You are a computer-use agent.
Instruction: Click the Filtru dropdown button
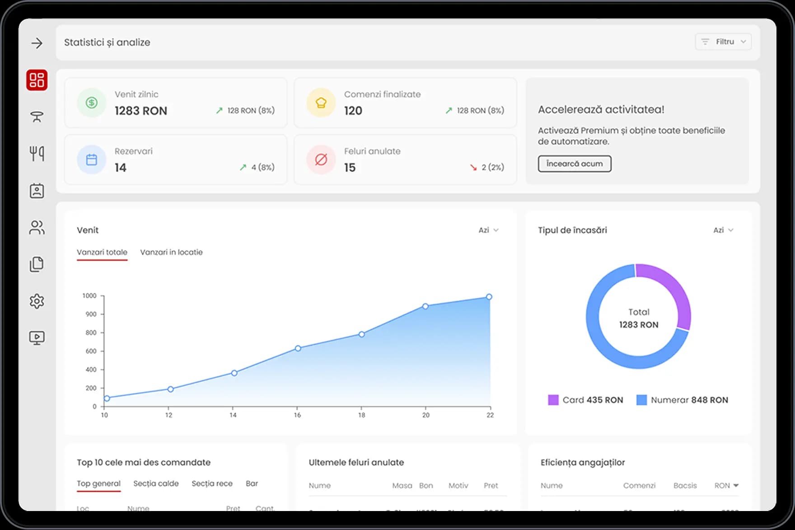[x=723, y=42]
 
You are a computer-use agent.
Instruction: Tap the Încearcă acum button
[x=574, y=164]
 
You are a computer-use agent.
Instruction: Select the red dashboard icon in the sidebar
[x=37, y=80]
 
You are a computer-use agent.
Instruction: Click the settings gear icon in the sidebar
[x=37, y=301]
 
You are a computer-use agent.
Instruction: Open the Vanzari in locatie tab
[x=171, y=252]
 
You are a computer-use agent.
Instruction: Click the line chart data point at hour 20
[x=426, y=306]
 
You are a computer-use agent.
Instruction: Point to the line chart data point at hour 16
[x=298, y=348]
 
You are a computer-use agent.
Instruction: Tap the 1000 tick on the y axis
[x=89, y=296]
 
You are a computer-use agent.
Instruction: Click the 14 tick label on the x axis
[x=233, y=415]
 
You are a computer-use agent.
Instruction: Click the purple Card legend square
[x=553, y=400]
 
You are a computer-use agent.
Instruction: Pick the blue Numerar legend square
[x=641, y=400]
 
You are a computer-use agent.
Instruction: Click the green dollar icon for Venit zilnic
[x=92, y=103]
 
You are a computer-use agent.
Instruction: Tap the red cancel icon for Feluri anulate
[x=321, y=159]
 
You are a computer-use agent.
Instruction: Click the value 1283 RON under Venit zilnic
[x=141, y=111]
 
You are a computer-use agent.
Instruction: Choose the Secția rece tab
[x=212, y=483]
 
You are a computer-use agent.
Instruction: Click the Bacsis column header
[x=685, y=485]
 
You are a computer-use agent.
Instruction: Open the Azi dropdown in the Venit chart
[x=488, y=230]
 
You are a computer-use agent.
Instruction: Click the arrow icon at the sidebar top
[x=37, y=43]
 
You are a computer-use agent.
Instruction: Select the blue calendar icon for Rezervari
[x=92, y=159]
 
